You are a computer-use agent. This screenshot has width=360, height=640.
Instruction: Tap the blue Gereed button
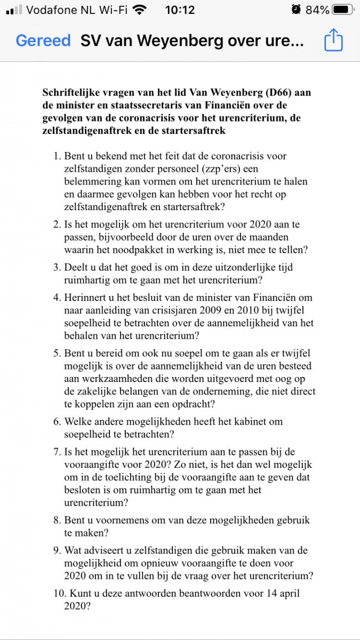[43, 41]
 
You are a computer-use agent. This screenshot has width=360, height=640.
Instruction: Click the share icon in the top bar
[333, 41]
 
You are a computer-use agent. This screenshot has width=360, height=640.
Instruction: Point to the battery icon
[342, 10]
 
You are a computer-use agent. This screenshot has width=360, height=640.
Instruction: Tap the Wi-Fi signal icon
[140, 10]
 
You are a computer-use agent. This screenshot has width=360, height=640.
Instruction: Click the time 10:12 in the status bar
[180, 10]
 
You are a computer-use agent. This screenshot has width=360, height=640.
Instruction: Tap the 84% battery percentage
[317, 10]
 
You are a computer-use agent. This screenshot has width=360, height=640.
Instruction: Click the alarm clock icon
[296, 10]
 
